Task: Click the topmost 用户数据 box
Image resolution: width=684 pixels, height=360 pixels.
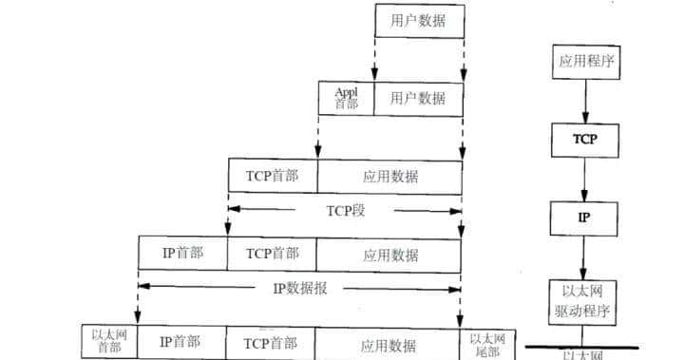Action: tap(419, 21)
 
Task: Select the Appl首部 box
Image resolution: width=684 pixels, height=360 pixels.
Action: tap(346, 97)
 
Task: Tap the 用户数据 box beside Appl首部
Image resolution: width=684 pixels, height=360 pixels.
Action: tap(419, 97)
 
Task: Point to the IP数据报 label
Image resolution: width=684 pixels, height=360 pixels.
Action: tap(299, 287)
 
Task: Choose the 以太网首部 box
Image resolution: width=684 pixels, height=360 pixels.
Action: tap(109, 342)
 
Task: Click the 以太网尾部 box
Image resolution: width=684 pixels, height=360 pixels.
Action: tap(484, 342)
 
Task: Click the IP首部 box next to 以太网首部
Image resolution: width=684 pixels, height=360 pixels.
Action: tap(180, 342)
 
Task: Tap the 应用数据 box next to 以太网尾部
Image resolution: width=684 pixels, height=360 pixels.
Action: tap(390, 342)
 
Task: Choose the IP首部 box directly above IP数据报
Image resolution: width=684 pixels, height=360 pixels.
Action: tap(182, 254)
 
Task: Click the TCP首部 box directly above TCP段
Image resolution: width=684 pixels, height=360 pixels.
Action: tap(273, 176)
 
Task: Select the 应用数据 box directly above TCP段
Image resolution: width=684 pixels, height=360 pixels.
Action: tap(390, 176)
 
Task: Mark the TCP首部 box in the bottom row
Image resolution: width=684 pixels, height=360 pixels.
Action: tap(273, 342)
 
